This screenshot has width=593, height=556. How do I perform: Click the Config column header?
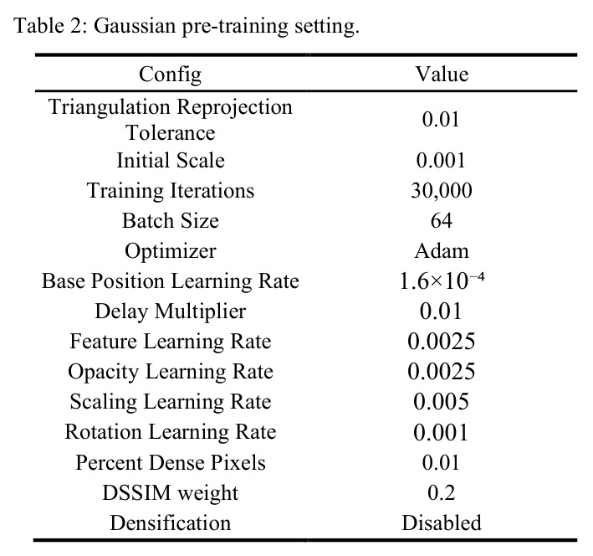pos(170,75)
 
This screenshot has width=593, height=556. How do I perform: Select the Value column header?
pos(442,74)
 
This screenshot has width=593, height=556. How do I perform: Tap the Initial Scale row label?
pos(170,160)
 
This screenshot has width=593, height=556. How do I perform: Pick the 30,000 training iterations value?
pos(442,191)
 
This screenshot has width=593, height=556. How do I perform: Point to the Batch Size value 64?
pos(442,220)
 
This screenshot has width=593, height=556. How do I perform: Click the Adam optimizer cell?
pos(442,250)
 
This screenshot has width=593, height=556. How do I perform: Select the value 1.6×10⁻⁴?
pos(442,281)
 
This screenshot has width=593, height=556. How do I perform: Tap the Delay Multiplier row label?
pos(170,311)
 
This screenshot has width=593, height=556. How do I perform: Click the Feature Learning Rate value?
pos(442,342)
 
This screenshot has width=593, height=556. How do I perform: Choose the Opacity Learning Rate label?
pos(170,372)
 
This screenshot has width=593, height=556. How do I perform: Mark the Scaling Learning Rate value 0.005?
pos(442,401)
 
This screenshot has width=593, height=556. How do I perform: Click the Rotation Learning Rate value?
pos(441,432)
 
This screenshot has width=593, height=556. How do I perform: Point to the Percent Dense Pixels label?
pos(170,462)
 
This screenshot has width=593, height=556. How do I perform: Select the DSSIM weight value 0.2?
pos(442,492)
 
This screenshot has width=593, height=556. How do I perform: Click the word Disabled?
pos(442,523)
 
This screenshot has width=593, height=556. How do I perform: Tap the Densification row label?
pos(170,523)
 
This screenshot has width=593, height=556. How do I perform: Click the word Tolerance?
pos(170,132)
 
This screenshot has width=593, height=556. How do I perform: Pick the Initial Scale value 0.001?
pos(441,160)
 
